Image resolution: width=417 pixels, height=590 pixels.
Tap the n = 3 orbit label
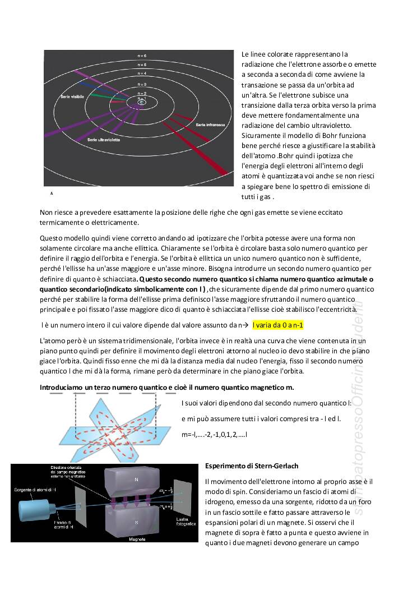[142, 84]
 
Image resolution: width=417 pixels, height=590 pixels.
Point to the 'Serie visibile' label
[73, 96]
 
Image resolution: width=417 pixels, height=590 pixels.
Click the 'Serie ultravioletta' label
[101, 139]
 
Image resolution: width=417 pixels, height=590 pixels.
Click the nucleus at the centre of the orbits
[142, 102]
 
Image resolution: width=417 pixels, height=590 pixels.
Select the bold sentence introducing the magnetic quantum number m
[166, 388]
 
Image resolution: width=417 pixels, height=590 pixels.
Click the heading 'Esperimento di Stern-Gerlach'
[252, 466]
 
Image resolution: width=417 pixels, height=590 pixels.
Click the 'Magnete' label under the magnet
[137, 539]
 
